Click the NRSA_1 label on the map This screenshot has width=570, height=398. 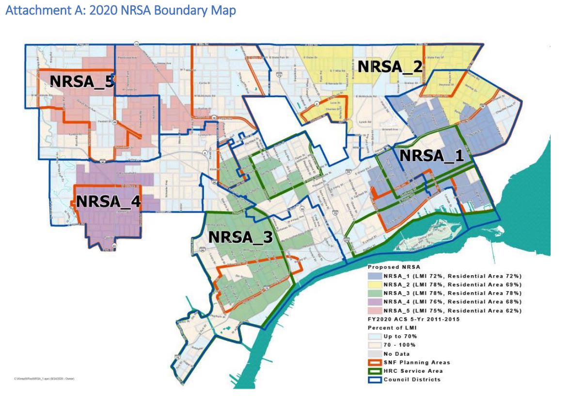tap(431, 156)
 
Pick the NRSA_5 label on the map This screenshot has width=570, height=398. tap(82, 82)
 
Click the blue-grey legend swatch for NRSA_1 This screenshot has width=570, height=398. tap(375, 276)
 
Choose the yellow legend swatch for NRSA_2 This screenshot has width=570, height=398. tap(375, 284)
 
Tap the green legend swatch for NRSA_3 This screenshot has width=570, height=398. tap(375, 293)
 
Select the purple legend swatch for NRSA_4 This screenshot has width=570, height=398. tap(375, 302)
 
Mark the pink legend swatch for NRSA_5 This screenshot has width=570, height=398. tap(375, 311)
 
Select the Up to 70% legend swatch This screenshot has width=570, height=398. tap(375, 336)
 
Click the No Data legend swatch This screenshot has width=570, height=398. tap(375, 354)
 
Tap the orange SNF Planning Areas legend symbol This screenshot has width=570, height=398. tap(375, 363)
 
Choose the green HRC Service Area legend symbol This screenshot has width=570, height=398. tap(375, 371)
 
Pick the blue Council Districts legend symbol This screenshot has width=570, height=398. tap(375, 380)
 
